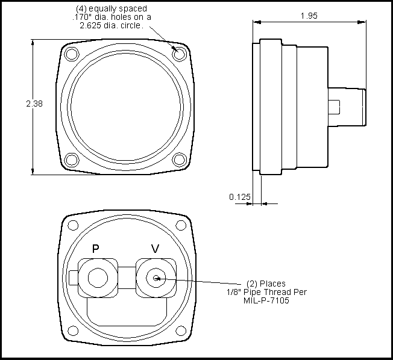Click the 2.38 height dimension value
click(34, 104)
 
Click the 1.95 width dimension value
click(310, 16)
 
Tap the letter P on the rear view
click(95, 249)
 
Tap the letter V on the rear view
click(155, 249)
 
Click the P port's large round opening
click(97, 278)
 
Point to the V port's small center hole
click(156, 278)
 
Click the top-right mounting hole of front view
click(178, 54)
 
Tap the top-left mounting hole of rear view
click(73, 225)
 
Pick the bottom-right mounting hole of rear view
click(179, 331)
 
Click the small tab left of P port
click(74, 278)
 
